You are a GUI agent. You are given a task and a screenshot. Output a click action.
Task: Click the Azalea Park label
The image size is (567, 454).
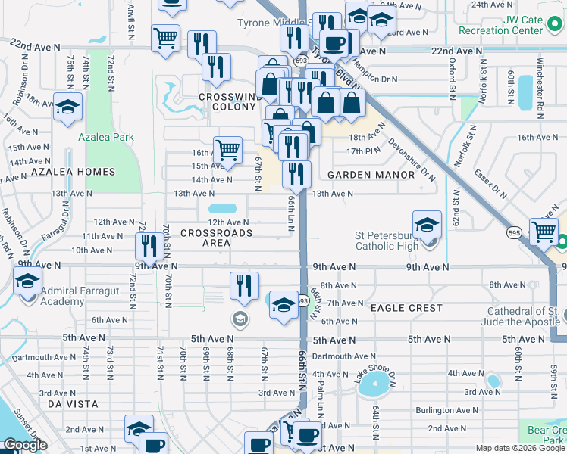106,137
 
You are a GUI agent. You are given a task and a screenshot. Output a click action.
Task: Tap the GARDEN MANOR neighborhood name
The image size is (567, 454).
371,175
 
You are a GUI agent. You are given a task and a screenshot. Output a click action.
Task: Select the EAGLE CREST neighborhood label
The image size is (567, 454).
406,308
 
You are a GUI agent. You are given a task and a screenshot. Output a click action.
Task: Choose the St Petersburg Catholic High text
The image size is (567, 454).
397,240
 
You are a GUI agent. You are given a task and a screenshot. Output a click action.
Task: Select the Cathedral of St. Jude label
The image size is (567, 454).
524,316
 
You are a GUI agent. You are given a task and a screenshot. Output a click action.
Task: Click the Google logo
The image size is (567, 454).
24,445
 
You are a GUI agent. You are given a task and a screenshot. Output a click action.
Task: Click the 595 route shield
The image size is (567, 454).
515,232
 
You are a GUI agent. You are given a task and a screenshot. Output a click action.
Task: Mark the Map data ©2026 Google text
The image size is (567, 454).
520,448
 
